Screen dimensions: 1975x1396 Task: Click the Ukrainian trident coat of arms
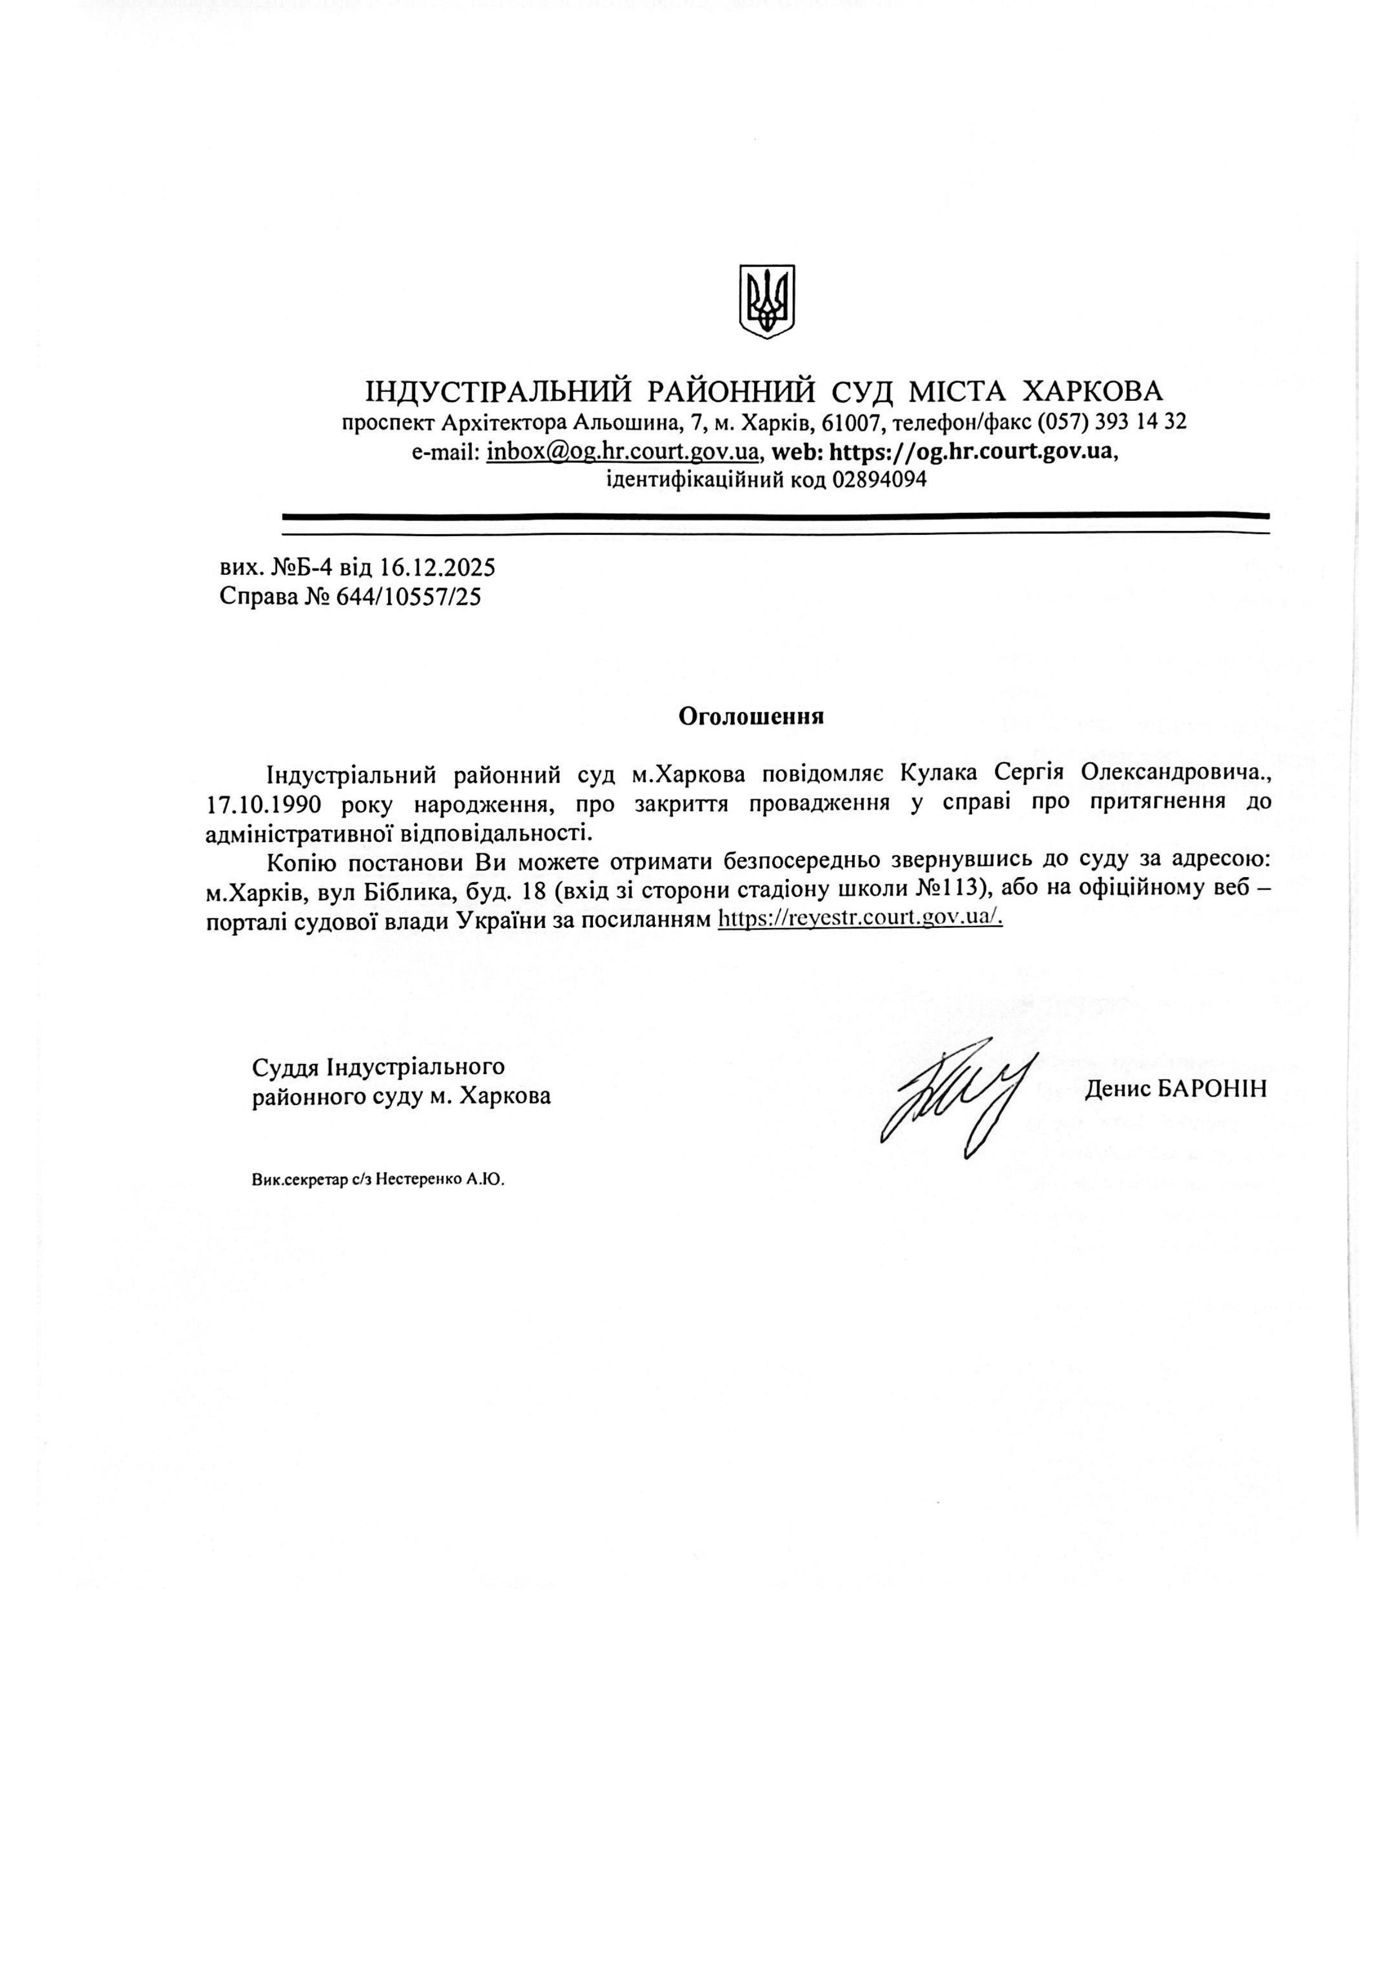[x=766, y=301]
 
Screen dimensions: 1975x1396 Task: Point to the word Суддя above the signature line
[x=286, y=1067]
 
